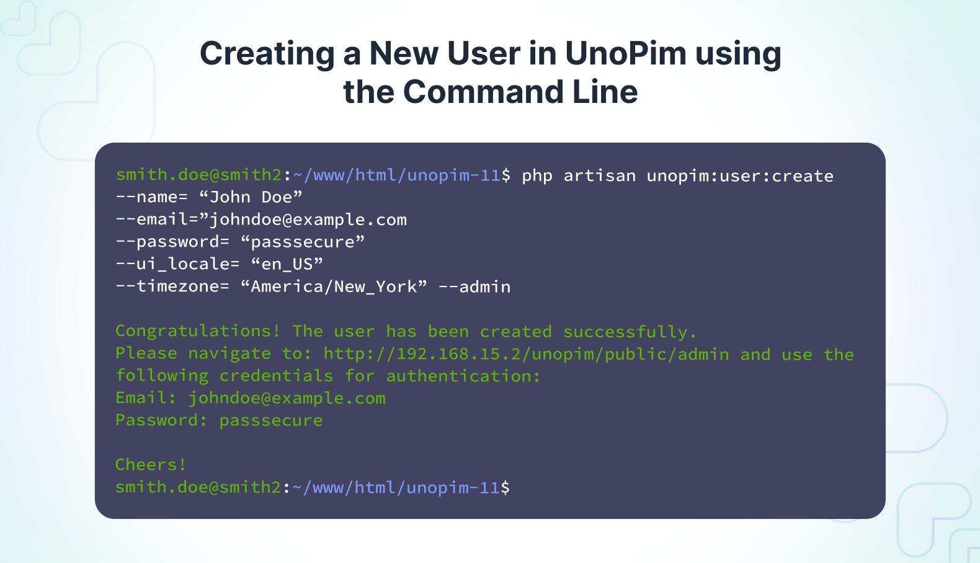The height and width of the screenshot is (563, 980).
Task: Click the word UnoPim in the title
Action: pyautogui.click(x=625, y=53)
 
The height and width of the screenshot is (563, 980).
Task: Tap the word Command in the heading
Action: pyautogui.click(x=483, y=92)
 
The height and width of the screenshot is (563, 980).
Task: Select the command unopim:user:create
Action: pyautogui.click(x=740, y=176)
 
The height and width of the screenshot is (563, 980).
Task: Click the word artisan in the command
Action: pyautogui.click(x=599, y=176)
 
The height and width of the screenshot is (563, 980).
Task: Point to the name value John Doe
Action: pyautogui.click(x=251, y=197)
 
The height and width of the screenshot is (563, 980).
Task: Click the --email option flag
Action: pyautogui.click(x=152, y=219)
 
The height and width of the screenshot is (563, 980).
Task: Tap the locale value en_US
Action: pyautogui.click(x=287, y=264)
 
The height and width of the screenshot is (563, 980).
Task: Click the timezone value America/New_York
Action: pyautogui.click(x=333, y=287)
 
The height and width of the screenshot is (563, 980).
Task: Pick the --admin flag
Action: pyautogui.click(x=474, y=287)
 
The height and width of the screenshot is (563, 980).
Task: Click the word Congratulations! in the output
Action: pyautogui.click(x=197, y=331)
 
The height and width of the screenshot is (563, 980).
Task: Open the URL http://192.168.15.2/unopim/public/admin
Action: pyautogui.click(x=527, y=354)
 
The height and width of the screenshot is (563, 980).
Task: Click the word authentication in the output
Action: pyautogui.click(x=458, y=376)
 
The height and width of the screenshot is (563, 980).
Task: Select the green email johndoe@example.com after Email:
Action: pyautogui.click(x=287, y=399)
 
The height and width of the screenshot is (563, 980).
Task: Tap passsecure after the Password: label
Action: pyautogui.click(x=271, y=421)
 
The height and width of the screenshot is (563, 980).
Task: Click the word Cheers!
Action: pyautogui.click(x=151, y=464)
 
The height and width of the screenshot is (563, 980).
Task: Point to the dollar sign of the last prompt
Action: pyautogui.click(x=505, y=487)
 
